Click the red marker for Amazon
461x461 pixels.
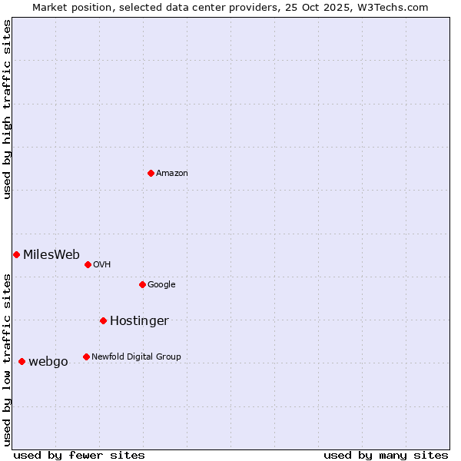pyautogui.click(x=151, y=173)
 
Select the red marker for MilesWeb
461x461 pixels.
pyautogui.click(x=16, y=254)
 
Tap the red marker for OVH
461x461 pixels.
pyautogui.click(x=88, y=264)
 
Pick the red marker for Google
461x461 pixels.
pyautogui.click(x=142, y=284)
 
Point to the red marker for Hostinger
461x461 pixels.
pyautogui.click(x=103, y=320)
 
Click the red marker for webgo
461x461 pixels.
pyautogui.click(x=22, y=361)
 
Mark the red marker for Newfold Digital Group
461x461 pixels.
pyautogui.click(x=86, y=357)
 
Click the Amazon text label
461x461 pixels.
pyautogui.click(x=172, y=174)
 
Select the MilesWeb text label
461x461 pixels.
pyautogui.click(x=51, y=255)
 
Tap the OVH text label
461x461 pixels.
pyautogui.click(x=102, y=265)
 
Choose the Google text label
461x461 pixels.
pyautogui.click(x=161, y=285)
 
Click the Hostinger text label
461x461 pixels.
pyautogui.click(x=139, y=321)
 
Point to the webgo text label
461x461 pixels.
pyautogui.click(x=48, y=362)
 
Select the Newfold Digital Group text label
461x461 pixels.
pyautogui.click(x=136, y=357)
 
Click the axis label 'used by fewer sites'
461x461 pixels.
pyautogui.click(x=79, y=455)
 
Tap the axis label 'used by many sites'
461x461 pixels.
pyautogui.click(x=386, y=455)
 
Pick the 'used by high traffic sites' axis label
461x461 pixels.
pyautogui.click(x=7, y=109)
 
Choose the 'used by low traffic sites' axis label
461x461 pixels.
pyautogui.click(x=7, y=359)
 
